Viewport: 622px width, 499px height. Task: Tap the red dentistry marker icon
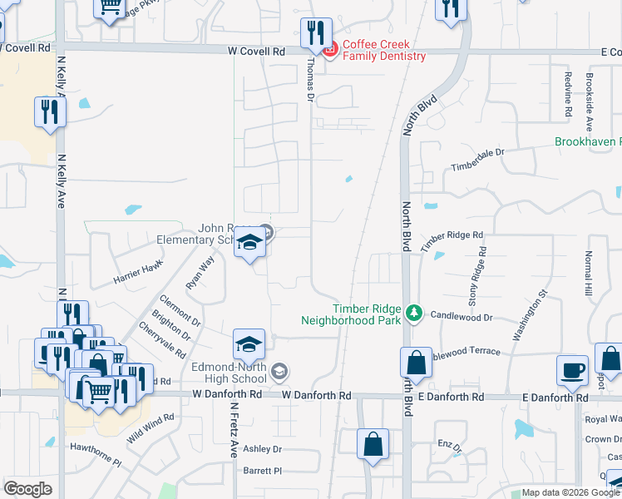pyautogui.click(x=329, y=51)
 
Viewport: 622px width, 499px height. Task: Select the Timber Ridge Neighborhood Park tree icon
pyautogui.click(x=413, y=313)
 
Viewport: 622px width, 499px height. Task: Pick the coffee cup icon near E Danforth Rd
pyautogui.click(x=572, y=371)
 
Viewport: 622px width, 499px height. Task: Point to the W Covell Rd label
pyautogui.click(x=256, y=51)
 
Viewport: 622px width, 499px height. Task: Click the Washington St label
pyautogui.click(x=529, y=316)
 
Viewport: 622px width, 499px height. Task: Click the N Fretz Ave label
pyautogui.click(x=234, y=431)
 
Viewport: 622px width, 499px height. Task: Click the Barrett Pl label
pyautogui.click(x=264, y=471)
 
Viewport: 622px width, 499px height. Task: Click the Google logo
pyautogui.click(x=27, y=489)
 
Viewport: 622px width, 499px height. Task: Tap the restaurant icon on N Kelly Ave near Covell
pyautogui.click(x=49, y=113)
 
